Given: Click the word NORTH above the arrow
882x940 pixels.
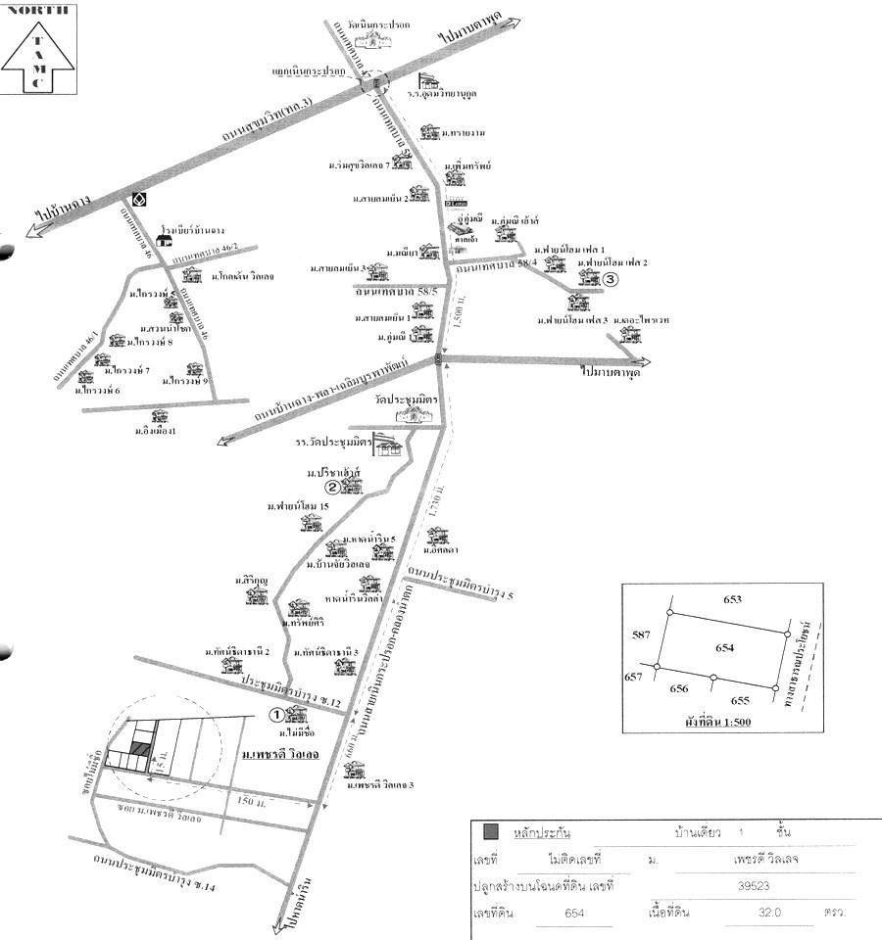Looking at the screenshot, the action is tap(38, 13).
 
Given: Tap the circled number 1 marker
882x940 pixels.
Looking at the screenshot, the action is tap(277, 715).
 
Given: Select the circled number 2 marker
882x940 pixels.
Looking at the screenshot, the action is tap(333, 487).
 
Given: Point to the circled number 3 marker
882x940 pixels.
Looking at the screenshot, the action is tap(610, 279).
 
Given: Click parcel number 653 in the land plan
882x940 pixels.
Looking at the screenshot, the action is tap(733, 599).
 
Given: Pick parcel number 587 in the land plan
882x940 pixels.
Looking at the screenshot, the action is tap(641, 635).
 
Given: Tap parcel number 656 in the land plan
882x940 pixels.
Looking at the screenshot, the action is tap(679, 688).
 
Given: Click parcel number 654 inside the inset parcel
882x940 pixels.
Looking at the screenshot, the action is tap(724, 647).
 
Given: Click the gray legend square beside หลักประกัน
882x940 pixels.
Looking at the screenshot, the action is tap(491, 832).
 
